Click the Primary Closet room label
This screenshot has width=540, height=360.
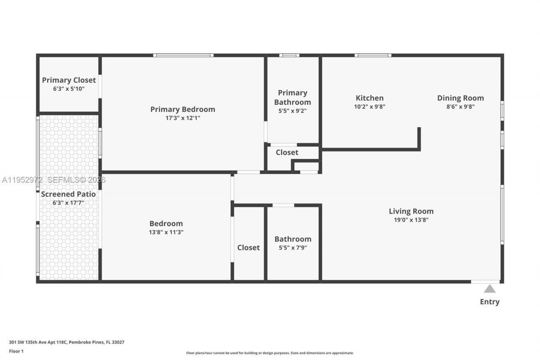pyautogui.click(x=69, y=80)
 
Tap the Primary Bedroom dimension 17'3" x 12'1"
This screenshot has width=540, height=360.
pyautogui.click(x=183, y=118)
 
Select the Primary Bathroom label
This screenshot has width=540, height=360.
pyautogui.click(x=292, y=97)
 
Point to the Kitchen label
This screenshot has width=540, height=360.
pyautogui.click(x=370, y=98)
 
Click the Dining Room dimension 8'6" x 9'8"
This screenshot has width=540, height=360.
pyautogui.click(x=460, y=107)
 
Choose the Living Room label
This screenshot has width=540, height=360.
pyautogui.click(x=411, y=211)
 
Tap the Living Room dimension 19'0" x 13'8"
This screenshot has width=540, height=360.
pyautogui.click(x=411, y=220)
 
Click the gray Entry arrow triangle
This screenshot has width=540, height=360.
pyautogui.click(x=489, y=289)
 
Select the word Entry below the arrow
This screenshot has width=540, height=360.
pyautogui.click(x=489, y=302)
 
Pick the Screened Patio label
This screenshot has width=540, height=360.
pyautogui.click(x=68, y=194)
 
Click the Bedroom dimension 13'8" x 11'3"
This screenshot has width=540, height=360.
pyautogui.click(x=166, y=232)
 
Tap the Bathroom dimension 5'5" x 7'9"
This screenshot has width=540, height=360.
pyautogui.click(x=293, y=248)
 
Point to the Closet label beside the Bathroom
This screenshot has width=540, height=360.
pyautogui.click(x=248, y=248)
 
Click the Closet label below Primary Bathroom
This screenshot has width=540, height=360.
pyautogui.click(x=287, y=152)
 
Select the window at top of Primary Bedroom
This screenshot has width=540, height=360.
pyautogui.click(x=183, y=55)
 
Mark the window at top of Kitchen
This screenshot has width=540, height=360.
pyautogui.click(x=373, y=55)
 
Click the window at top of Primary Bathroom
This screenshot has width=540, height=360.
pyautogui.click(x=289, y=55)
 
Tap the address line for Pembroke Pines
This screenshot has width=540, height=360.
pyautogui.click(x=67, y=342)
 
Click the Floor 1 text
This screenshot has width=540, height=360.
pyautogui.click(x=16, y=351)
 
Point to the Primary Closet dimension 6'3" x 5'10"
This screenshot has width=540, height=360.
pyautogui.click(x=69, y=89)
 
